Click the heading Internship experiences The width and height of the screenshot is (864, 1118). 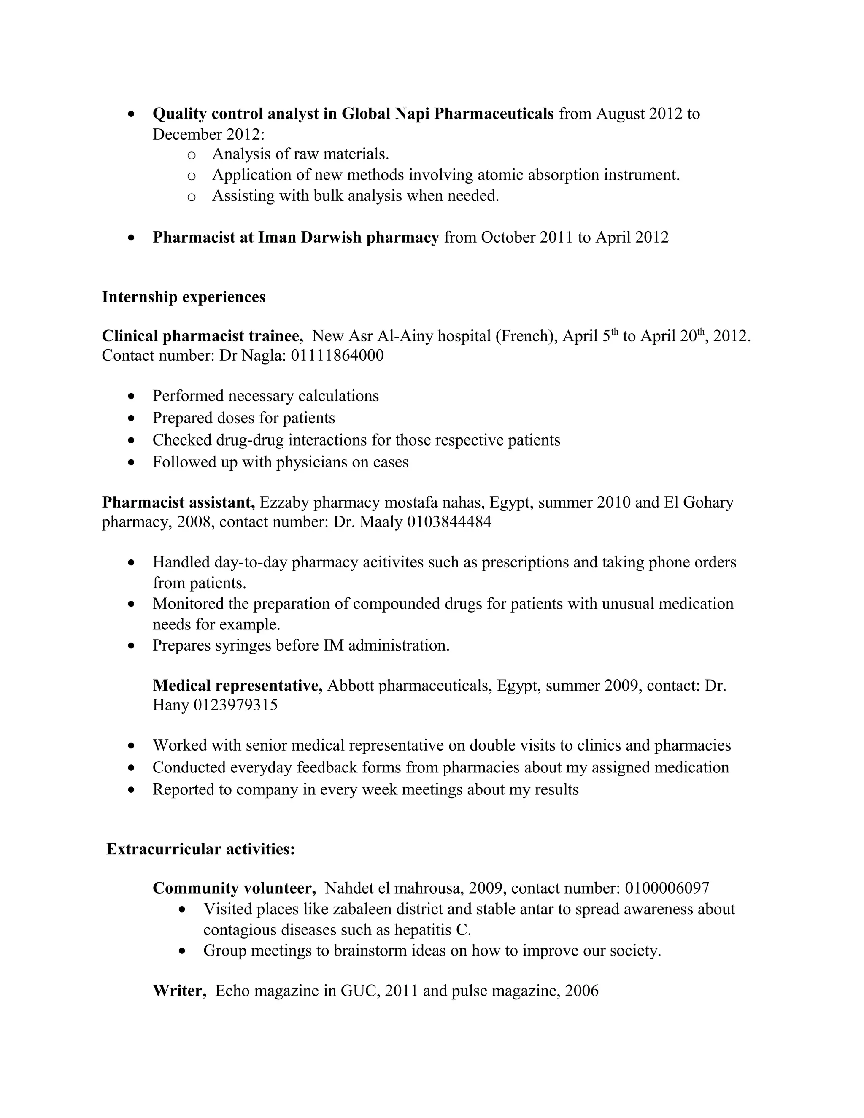coord(183,297)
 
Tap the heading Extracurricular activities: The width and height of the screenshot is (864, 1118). coord(200,850)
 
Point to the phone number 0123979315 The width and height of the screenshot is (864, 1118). coord(235,705)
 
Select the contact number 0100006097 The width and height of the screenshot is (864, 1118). coord(667,888)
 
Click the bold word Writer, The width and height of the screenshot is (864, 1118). coord(179,991)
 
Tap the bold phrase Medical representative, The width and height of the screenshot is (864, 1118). coord(238,686)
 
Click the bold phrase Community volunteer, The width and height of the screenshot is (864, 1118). coord(234,888)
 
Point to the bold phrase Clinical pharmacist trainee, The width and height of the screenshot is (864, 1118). coord(202,336)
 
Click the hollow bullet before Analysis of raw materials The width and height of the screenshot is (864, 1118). coord(192,154)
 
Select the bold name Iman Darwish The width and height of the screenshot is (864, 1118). coord(309,238)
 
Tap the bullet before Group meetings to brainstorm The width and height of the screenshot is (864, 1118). coord(183,951)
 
